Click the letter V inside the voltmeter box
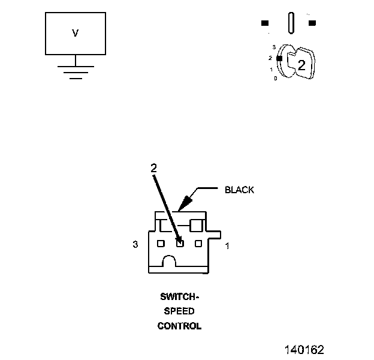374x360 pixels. [x=75, y=33]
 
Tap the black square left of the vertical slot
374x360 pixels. [x=265, y=23]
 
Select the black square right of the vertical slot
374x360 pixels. [x=312, y=23]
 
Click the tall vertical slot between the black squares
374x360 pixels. [x=291, y=23]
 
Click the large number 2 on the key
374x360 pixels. [x=301, y=65]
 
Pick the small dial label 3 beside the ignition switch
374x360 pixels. [x=274, y=47]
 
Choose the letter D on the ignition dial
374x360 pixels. [x=276, y=79]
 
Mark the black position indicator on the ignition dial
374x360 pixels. [x=279, y=58]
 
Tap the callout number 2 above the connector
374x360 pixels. [x=154, y=168]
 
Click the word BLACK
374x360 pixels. [x=239, y=190]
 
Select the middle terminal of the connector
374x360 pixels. [x=180, y=244]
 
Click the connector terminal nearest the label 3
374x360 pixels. [x=161, y=244]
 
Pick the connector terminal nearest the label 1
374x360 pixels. [x=198, y=244]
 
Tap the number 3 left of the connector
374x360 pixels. [x=135, y=244]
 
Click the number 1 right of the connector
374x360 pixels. [x=227, y=245]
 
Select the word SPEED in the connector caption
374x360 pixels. [x=179, y=311]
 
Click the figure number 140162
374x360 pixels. [x=304, y=350]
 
